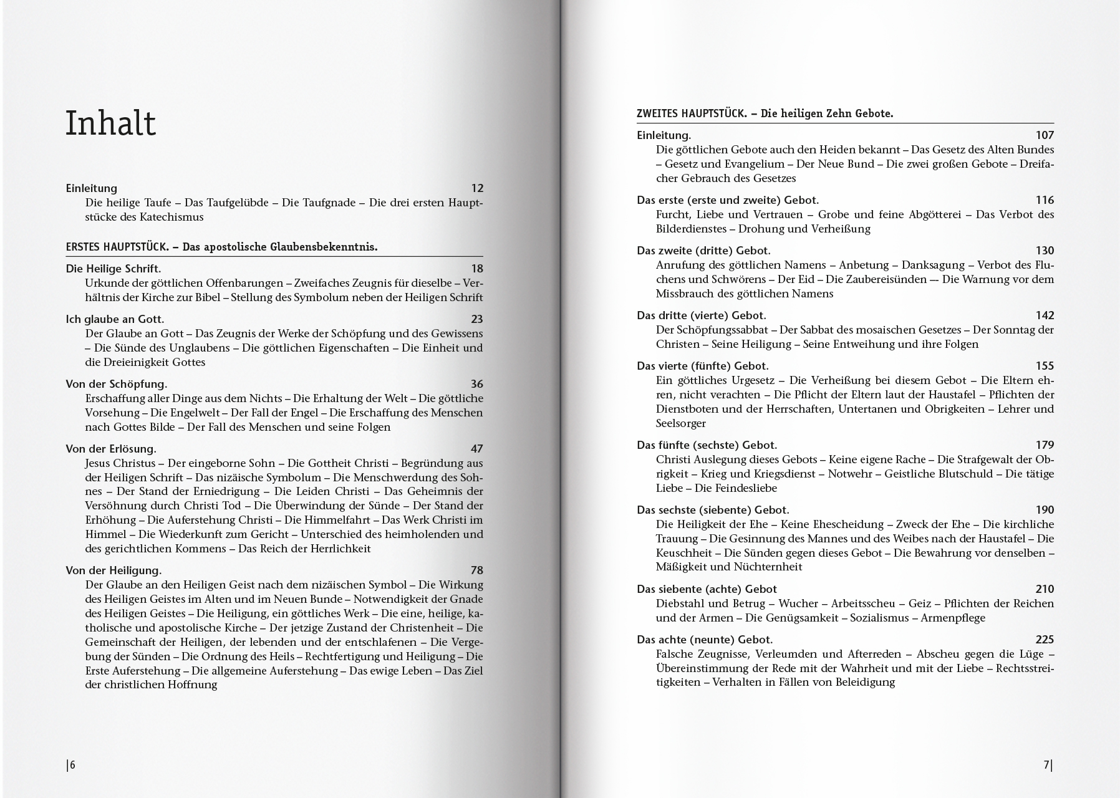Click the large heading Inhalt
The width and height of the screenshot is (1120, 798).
point(110,123)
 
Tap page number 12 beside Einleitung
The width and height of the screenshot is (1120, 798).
point(477,188)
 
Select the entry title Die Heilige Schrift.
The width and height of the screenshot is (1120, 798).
point(113,269)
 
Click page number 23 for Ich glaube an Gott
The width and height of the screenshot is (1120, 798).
point(477,319)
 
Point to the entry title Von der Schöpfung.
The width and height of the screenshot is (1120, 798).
point(117,384)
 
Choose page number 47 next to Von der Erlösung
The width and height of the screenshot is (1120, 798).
point(477,449)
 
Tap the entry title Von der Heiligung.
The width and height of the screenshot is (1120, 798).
point(113,570)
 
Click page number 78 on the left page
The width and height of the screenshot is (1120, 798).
point(477,570)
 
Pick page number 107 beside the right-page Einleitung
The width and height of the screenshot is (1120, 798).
point(1045,135)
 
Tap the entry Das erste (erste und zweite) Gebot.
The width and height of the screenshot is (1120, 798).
point(728,200)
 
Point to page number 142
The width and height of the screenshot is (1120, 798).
point(1045,315)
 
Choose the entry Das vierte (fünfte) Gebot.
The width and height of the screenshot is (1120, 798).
point(702,366)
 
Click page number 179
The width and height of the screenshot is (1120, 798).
point(1045,445)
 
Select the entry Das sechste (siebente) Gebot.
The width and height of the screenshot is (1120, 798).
point(713,510)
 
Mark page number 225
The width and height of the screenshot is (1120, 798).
point(1045,640)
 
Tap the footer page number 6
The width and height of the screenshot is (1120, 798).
point(72,766)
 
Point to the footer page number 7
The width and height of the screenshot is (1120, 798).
point(1048,766)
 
